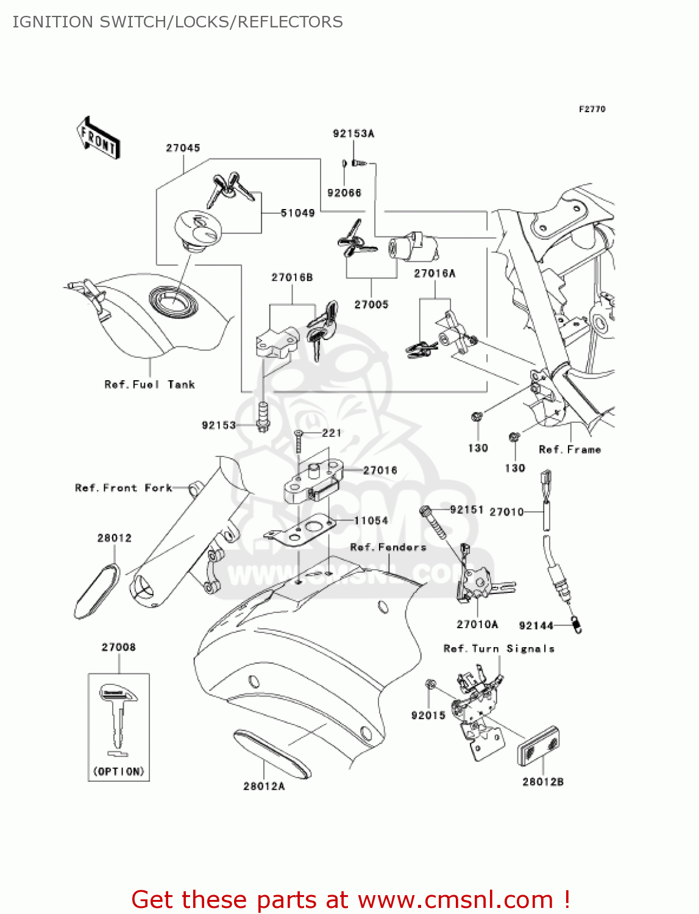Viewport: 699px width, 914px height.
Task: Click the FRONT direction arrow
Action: (x=98, y=138)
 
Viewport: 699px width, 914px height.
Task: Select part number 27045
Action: (x=183, y=148)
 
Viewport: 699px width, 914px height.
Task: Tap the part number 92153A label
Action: (x=353, y=133)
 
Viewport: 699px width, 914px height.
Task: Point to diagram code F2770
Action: (x=592, y=109)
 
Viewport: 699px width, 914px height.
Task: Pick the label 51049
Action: (x=297, y=213)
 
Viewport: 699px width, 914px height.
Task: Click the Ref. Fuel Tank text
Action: (x=150, y=384)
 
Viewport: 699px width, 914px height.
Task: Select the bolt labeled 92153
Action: (x=263, y=416)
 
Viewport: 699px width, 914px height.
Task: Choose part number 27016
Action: (x=380, y=470)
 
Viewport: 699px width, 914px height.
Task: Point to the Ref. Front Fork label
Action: (x=124, y=488)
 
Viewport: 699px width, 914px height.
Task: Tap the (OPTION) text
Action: (x=119, y=771)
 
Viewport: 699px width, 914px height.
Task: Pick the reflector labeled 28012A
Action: (x=272, y=753)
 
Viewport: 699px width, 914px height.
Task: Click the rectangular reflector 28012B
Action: (x=539, y=745)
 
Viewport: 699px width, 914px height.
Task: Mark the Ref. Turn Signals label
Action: (x=499, y=649)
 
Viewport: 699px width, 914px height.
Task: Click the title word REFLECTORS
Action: (x=290, y=22)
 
